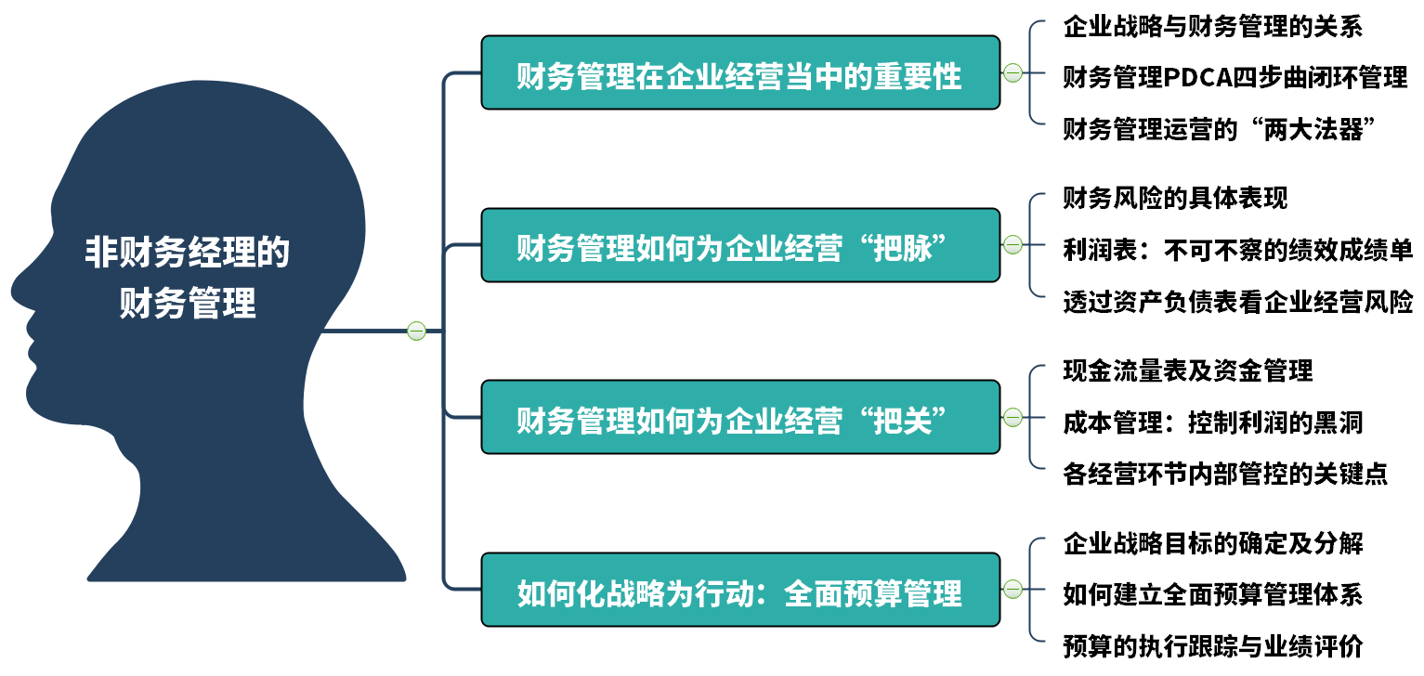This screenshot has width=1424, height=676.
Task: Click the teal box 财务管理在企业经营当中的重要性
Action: (740, 73)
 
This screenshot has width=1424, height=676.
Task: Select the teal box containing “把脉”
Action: (740, 245)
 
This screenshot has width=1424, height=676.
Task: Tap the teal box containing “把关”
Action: (740, 418)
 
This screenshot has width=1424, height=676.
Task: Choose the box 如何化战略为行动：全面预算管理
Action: (740, 591)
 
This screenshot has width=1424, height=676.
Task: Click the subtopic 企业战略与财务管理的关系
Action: (1213, 27)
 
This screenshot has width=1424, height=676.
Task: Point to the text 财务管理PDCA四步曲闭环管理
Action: (1235, 77)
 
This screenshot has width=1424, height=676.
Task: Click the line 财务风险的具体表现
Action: (1175, 198)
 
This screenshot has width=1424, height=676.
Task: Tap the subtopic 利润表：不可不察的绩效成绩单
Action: (1237, 251)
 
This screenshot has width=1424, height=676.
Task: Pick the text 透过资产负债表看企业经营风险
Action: (1237, 302)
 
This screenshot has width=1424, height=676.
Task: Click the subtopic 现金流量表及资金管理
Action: (1188, 371)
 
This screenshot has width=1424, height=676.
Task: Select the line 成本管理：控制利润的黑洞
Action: (1213, 422)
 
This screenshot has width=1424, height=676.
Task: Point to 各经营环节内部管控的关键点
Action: (1225, 474)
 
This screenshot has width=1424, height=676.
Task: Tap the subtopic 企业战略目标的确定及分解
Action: (1213, 544)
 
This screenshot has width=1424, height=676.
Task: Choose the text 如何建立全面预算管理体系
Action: (1213, 595)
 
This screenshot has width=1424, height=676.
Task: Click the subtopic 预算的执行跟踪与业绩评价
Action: (1213, 647)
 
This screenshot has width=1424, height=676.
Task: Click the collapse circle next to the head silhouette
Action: (416, 331)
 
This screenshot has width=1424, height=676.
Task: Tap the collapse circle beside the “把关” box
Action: (1012, 418)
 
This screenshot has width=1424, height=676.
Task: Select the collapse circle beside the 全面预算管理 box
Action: (1012, 590)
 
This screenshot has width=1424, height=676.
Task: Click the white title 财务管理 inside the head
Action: (188, 303)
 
